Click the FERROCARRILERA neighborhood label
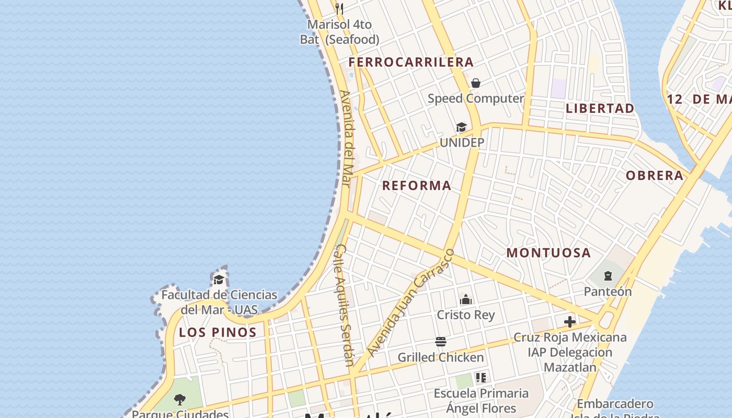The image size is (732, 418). (411, 62)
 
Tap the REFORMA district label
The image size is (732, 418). (416, 185)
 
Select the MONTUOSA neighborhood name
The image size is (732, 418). (548, 253)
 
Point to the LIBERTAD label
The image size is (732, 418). (600, 108)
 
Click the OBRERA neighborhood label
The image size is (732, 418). (655, 176)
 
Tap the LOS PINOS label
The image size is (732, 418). (218, 332)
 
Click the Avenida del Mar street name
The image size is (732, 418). (347, 138)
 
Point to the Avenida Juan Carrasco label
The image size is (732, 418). (411, 303)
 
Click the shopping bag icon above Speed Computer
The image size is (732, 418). (476, 83)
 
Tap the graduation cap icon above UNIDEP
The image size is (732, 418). (461, 127)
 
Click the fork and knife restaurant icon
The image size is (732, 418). (339, 8)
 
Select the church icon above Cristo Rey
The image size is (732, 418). (465, 300)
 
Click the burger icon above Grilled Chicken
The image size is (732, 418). (441, 342)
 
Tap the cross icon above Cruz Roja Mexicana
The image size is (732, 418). (570, 322)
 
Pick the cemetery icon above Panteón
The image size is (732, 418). (608, 276)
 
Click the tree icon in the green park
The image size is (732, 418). (180, 400)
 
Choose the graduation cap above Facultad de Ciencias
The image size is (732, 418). (219, 280)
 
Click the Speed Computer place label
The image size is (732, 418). (476, 98)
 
